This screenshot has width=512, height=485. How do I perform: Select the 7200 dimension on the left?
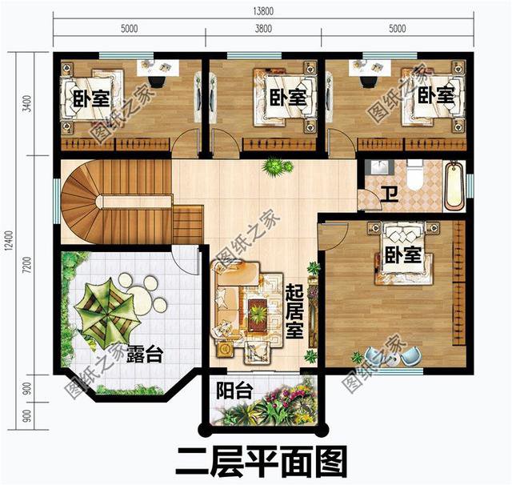tap(27, 264)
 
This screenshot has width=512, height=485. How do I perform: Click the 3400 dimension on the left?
tap(27, 103)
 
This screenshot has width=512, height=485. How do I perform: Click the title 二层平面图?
tap(262, 461)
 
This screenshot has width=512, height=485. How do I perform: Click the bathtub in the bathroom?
tap(454, 186)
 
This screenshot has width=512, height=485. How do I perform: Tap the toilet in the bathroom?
tap(414, 174)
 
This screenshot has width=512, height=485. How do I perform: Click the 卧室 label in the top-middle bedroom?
tap(287, 98)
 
